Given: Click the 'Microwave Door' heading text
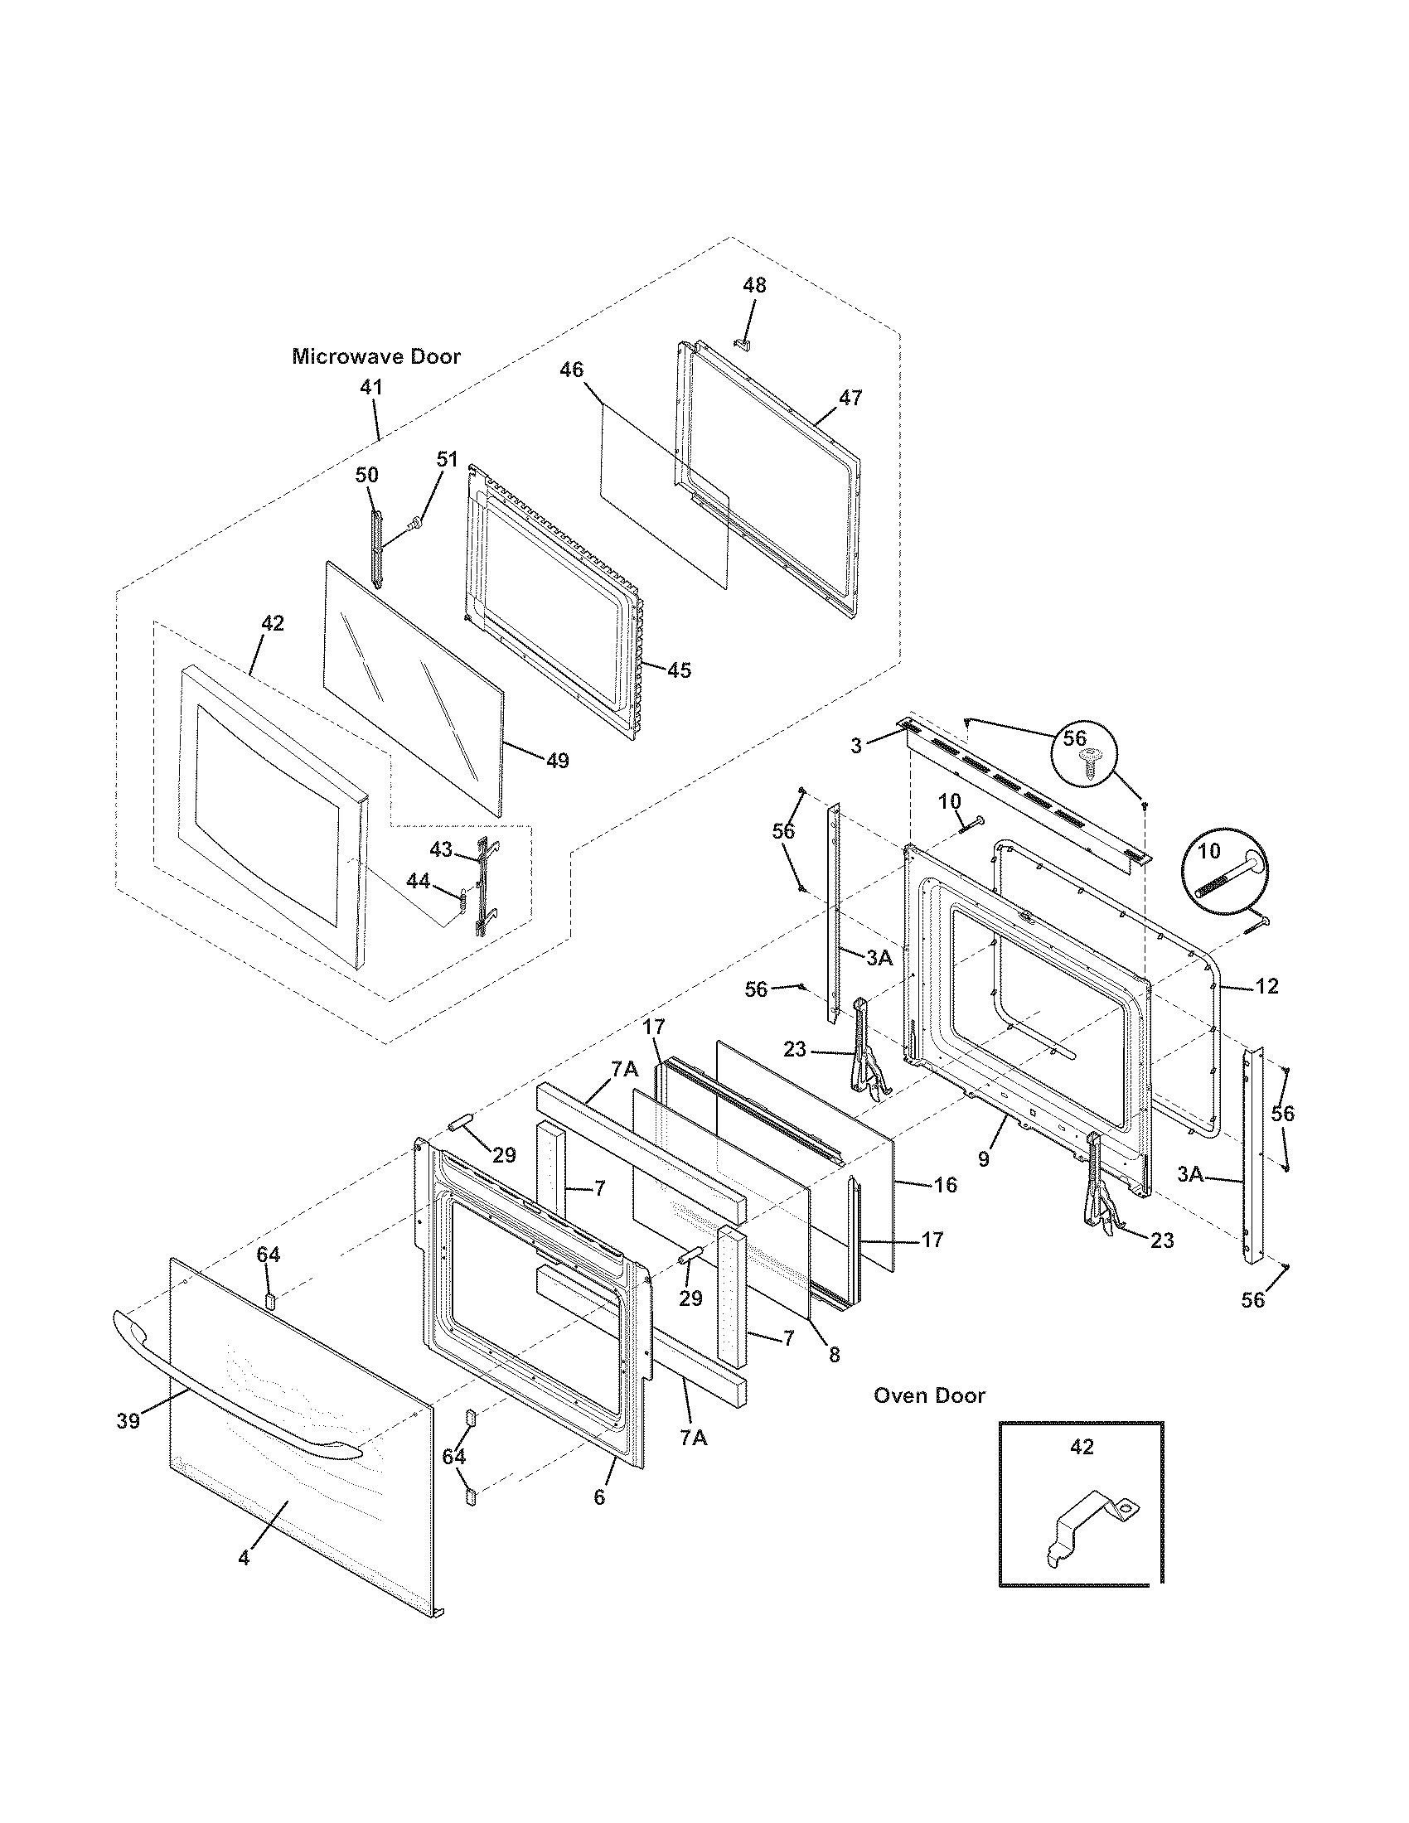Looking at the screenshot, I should (x=375, y=357).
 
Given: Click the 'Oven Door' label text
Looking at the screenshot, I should (x=929, y=1395).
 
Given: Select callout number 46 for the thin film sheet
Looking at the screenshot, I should (x=571, y=370).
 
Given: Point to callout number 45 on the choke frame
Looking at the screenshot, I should (x=680, y=670).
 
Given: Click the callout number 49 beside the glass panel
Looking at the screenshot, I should (x=557, y=761).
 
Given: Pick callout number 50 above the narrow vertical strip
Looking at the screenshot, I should (x=366, y=476).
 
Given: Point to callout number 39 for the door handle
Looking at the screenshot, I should (x=128, y=1421).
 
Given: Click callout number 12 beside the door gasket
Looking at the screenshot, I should (x=1266, y=987).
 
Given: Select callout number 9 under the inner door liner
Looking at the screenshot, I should (x=983, y=1158).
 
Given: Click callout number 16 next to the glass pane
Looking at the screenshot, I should (x=945, y=1184).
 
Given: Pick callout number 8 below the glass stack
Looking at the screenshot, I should (x=834, y=1356).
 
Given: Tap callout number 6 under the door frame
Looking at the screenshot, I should (x=599, y=1497).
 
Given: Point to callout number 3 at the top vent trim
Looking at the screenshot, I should (x=856, y=746).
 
